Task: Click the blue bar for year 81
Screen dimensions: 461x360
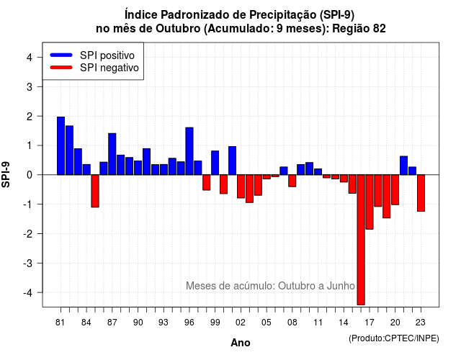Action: pyautogui.click(x=61, y=145)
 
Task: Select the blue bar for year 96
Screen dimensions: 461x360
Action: pyautogui.click(x=189, y=151)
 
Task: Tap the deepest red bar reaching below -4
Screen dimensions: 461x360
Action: pyautogui.click(x=361, y=240)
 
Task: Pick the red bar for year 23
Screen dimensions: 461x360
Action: pyautogui.click(x=421, y=193)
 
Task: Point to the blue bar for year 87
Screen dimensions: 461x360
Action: pyautogui.click(x=112, y=154)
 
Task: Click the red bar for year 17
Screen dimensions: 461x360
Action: pyautogui.click(x=370, y=202)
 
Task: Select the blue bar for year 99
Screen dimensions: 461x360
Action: pyautogui.click(x=215, y=163)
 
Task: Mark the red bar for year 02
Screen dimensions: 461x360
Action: pyautogui.click(x=241, y=186)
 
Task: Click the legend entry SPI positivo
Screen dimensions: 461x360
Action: pyautogui.click(x=107, y=55)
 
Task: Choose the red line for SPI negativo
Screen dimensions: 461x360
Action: pyautogui.click(x=61, y=68)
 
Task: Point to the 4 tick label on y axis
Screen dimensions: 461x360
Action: pyautogui.click(x=30, y=58)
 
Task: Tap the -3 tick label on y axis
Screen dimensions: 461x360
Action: pyautogui.click(x=28, y=264)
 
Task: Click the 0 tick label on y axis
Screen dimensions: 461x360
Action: pyautogui.click(x=30, y=175)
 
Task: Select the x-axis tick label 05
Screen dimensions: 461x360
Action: pyautogui.click(x=267, y=323)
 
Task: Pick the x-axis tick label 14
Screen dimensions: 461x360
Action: pyautogui.click(x=344, y=323)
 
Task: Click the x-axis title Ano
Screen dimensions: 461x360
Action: pyautogui.click(x=241, y=343)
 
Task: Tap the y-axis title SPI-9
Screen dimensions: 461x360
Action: pyautogui.click(x=6, y=174)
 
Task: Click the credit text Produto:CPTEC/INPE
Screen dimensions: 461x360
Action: pyautogui.click(x=394, y=338)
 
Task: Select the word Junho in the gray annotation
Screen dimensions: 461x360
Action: pyautogui.click(x=341, y=286)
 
